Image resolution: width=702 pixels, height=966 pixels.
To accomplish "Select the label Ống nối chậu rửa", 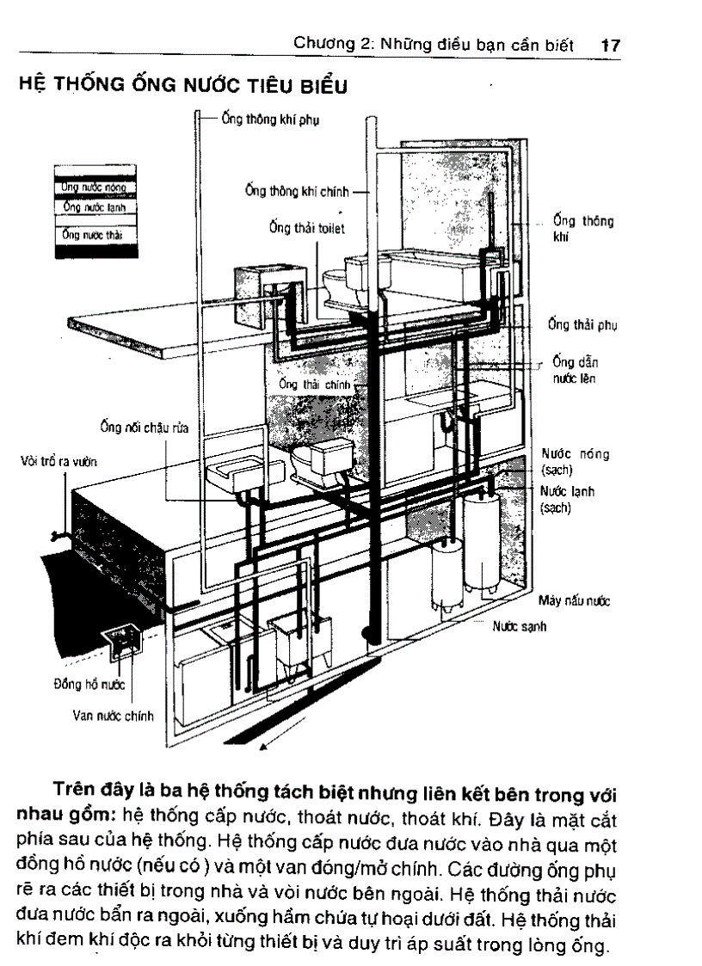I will (143, 427).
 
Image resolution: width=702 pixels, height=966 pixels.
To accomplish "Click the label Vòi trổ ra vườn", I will (58, 461).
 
